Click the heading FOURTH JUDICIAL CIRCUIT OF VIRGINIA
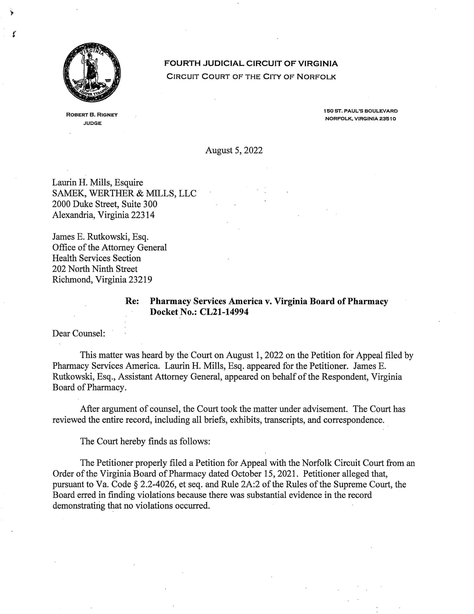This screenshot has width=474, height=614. tap(251, 64)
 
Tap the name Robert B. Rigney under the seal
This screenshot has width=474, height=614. tap(92, 115)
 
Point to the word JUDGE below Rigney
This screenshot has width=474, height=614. tap(92, 123)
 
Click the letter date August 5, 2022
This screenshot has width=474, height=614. tap(234, 150)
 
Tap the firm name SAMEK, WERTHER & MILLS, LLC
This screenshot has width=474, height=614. tap(124, 193)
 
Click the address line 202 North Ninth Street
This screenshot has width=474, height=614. tap(95, 269)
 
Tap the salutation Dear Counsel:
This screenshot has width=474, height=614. tap(79, 333)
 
